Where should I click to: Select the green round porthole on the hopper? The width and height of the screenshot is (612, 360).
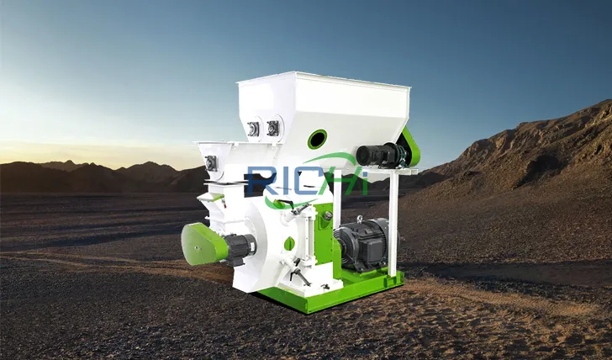click(317, 139)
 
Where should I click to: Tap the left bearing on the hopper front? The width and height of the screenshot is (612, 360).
click(253, 129)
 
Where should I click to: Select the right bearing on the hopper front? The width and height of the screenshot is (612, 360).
click(272, 128)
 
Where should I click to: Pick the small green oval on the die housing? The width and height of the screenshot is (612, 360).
click(289, 243)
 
